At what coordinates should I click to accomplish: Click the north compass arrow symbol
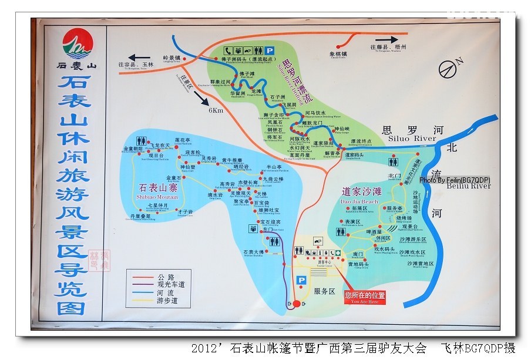(449, 68)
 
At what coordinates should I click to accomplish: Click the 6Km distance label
(216, 110)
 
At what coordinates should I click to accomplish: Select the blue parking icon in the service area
(301, 281)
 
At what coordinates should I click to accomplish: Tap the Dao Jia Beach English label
(359, 201)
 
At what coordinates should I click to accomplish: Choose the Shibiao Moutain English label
(159, 197)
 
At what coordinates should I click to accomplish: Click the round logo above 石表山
(73, 42)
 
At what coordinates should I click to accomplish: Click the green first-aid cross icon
(338, 253)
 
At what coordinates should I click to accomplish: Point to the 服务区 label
(324, 291)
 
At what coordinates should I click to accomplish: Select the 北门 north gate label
(394, 176)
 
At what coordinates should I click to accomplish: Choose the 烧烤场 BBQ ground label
(404, 217)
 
